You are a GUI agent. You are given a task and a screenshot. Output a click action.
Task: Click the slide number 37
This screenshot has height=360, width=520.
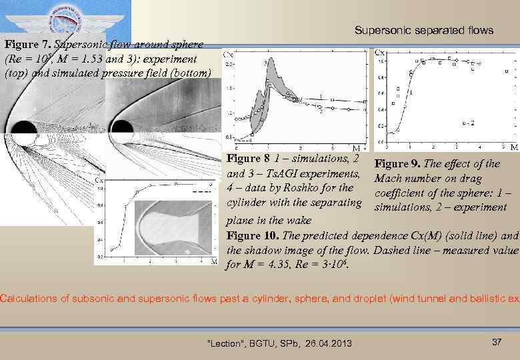pos(496,342)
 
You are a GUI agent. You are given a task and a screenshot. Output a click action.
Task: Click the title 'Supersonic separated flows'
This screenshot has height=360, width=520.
pos(423,30)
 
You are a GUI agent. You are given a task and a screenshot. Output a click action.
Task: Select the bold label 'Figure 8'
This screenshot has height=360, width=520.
pos(248,159)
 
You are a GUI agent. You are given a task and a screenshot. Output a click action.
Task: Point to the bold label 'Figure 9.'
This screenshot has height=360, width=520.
pos(398,164)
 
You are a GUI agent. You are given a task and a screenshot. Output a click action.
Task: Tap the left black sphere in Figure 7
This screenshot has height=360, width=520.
pos(24,131)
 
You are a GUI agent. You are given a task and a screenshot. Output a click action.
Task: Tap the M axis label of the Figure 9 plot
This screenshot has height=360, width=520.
pos(514,147)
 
